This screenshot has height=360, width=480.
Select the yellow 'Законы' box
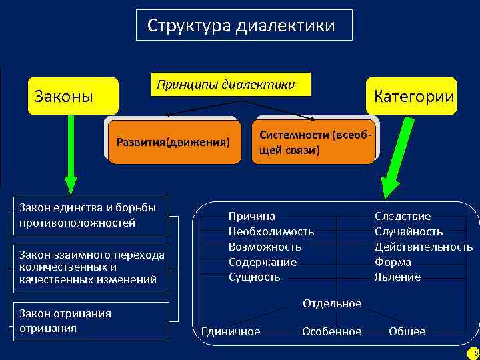pyautogui.click(x=72, y=96)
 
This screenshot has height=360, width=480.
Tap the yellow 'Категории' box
pyautogui.click(x=411, y=96)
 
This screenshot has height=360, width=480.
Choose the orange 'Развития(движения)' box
pyautogui.click(x=173, y=142)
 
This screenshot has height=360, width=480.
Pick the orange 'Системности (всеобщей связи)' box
pyautogui.click(x=313, y=142)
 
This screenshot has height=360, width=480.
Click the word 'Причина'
pyautogui.click(x=252, y=216)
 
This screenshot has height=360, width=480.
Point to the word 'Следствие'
pyautogui.click(x=403, y=216)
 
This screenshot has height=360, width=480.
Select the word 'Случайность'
pyautogui.click(x=409, y=231)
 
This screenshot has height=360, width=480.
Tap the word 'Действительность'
pyautogui.click(x=423, y=247)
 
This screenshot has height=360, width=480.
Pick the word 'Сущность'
pyautogui.click(x=255, y=277)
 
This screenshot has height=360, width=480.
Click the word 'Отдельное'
pyautogui.click(x=332, y=303)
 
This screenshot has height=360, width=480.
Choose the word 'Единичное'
pyautogui.click(x=231, y=331)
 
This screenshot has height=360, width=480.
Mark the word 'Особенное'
pyautogui.click(x=331, y=331)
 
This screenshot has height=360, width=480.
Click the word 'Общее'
pyautogui.click(x=407, y=331)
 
